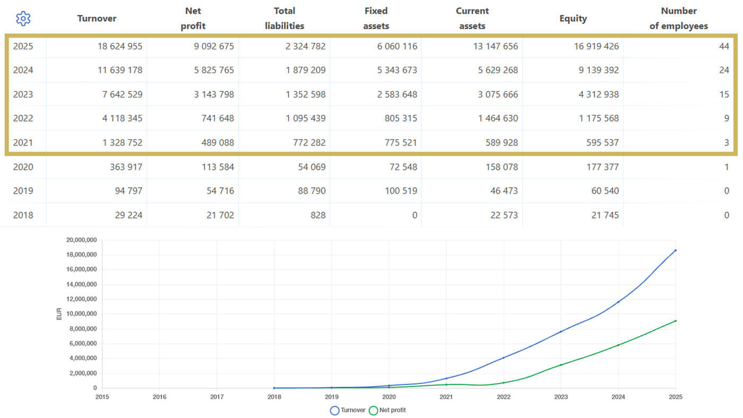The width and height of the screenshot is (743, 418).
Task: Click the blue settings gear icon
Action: click(x=23, y=18)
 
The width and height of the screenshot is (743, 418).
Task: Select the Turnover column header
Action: click(x=97, y=18)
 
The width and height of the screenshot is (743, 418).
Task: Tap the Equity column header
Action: click(x=573, y=19)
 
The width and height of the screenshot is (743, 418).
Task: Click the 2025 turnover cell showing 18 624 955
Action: click(x=120, y=46)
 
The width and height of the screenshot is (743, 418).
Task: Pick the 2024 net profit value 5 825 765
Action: click(x=214, y=70)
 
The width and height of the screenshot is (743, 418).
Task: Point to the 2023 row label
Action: click(x=23, y=94)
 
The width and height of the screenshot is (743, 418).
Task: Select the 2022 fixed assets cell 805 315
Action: click(x=401, y=118)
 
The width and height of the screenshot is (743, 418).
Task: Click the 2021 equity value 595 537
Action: click(x=602, y=143)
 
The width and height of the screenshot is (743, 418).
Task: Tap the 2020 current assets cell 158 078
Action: click(x=502, y=167)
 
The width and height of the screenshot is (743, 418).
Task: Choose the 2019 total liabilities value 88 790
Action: click(x=312, y=190)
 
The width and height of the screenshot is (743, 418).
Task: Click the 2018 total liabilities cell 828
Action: click(x=318, y=215)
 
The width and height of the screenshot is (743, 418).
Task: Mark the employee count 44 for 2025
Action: click(x=724, y=46)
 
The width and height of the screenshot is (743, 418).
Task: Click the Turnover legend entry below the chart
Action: click(x=348, y=411)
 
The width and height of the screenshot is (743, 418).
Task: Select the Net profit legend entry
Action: click(x=387, y=411)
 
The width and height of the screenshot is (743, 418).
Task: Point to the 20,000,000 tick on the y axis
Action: click(x=82, y=240)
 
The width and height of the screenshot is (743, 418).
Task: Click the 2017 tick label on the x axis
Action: click(x=217, y=397)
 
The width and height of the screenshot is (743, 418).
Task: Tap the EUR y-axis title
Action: click(x=59, y=314)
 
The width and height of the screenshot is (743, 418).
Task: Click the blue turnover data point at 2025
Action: click(x=676, y=250)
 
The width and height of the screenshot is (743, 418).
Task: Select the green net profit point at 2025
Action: click(x=676, y=321)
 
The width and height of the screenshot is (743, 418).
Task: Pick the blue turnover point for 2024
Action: click(x=618, y=302)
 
